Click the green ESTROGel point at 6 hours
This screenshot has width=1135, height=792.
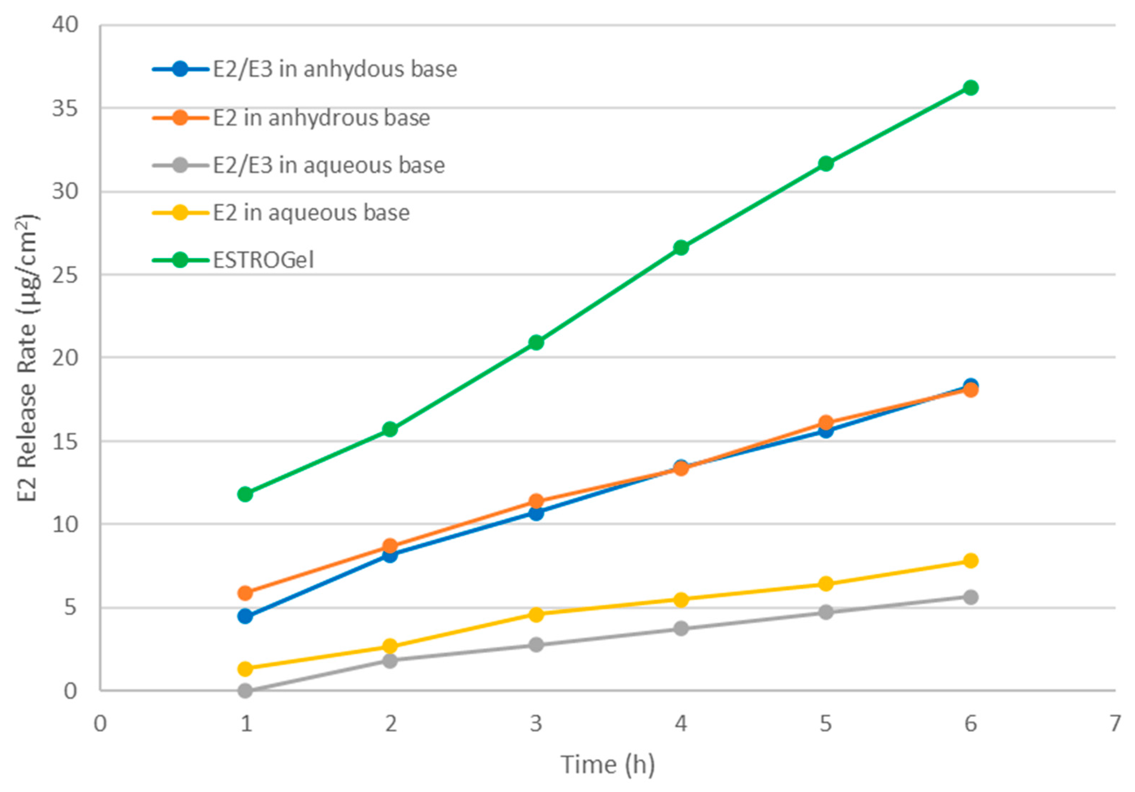[971, 88]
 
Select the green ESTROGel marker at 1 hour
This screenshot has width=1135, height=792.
[245, 494]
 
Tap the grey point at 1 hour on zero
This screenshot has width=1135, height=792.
[245, 690]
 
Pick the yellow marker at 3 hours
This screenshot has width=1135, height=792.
[536, 614]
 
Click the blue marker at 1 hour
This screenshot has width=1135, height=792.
[245, 616]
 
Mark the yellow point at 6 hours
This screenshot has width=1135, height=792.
[971, 561]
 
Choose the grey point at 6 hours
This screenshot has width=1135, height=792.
[971, 597]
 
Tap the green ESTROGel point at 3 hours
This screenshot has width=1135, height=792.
[536, 342]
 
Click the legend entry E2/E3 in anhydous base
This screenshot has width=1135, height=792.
[335, 69]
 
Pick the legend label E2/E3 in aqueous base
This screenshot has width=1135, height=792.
[329, 165]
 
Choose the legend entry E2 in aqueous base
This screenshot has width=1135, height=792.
[311, 213]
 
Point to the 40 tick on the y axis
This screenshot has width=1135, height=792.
[65, 25]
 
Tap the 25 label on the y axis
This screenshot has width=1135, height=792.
[65, 275]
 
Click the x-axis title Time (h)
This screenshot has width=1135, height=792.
[608, 764]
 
